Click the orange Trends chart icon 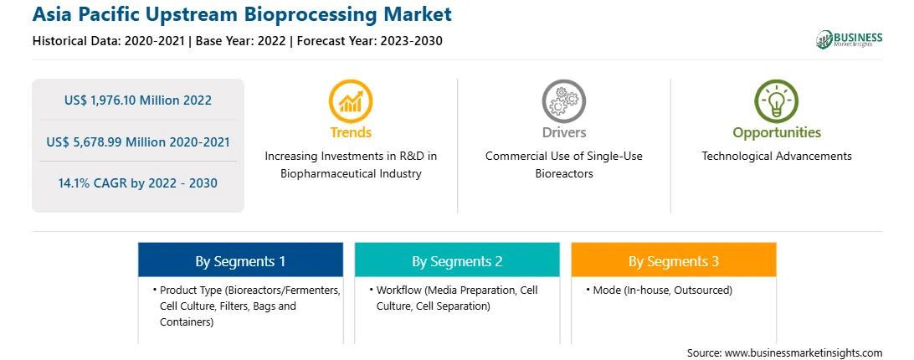pyautogui.click(x=351, y=101)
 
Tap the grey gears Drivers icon pyautogui.click(x=563, y=101)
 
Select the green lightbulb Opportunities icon pyautogui.click(x=777, y=101)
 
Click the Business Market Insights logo pyautogui.click(x=850, y=39)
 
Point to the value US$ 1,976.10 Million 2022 pyautogui.click(x=138, y=100)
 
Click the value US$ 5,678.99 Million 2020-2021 pyautogui.click(x=138, y=141)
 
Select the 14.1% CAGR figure pyautogui.click(x=138, y=183)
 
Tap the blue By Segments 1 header pyautogui.click(x=241, y=261)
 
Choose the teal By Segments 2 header pyautogui.click(x=457, y=261)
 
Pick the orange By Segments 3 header pyautogui.click(x=674, y=261)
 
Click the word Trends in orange pyautogui.click(x=351, y=132)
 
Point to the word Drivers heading pyautogui.click(x=564, y=132)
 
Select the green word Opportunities pyautogui.click(x=777, y=132)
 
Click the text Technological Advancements pyautogui.click(x=777, y=156)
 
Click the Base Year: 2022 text pyautogui.click(x=241, y=41)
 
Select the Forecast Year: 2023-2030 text pyautogui.click(x=367, y=41)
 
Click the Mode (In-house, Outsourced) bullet pyautogui.click(x=662, y=290)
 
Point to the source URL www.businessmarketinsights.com pyautogui.click(x=804, y=353)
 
